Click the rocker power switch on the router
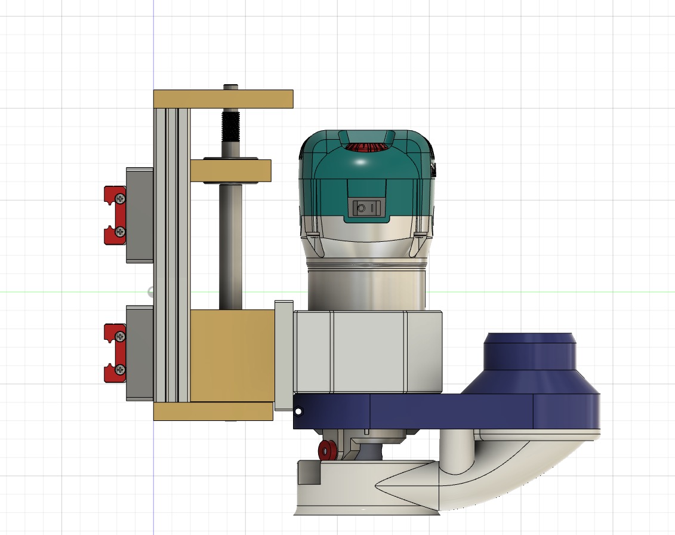point(366,208)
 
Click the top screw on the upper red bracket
point(121,198)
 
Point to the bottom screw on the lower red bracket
point(121,370)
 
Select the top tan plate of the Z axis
point(223,99)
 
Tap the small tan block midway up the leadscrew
point(231,171)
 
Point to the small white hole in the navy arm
point(298,411)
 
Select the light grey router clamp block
point(367,352)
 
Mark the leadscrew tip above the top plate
point(230,87)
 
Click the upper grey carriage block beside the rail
point(140,215)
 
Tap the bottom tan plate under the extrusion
point(212,411)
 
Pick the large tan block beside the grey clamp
point(232,355)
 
